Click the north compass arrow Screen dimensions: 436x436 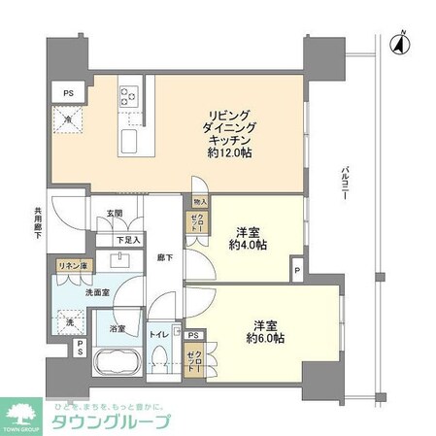point(400,42)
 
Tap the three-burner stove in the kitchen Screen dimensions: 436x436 point(129,97)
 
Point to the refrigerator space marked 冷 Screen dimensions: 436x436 point(70,121)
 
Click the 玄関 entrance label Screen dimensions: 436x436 point(115,214)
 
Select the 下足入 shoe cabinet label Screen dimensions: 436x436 point(129,240)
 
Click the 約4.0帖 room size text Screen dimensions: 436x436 point(252,246)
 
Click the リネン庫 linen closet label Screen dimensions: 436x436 point(70,265)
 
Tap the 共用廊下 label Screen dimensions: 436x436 point(37,225)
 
